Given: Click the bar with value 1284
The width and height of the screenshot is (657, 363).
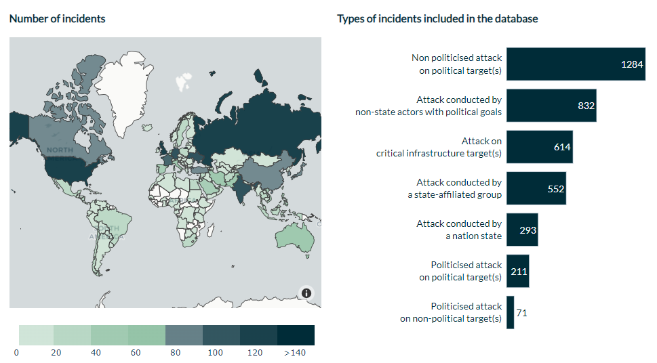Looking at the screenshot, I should tap(576, 64).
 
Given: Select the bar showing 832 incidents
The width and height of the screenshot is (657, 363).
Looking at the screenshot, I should tap(551, 106).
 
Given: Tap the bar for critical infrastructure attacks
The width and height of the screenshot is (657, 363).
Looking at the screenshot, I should tap(539, 147).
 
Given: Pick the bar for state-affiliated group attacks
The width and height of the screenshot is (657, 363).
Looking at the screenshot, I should tap(536, 188).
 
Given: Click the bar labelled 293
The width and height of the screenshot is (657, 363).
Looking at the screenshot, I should tap(522, 230).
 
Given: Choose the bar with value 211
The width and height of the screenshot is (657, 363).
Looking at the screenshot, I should tap(517, 271).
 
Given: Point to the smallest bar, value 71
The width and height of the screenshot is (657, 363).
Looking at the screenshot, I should tap(510, 312).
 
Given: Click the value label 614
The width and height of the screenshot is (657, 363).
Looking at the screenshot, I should tap(562, 147).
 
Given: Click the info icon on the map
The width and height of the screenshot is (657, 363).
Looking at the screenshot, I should tap(306, 293).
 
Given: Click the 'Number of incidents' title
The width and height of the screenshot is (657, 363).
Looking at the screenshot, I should tap(57, 18).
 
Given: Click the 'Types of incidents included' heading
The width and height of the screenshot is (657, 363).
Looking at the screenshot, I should tap(437, 18).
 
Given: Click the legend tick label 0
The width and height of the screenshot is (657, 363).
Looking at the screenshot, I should tap(16, 352).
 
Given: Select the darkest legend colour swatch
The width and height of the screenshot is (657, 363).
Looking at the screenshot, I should tap(296, 335).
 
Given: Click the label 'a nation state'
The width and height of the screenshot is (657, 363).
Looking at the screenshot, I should tap(473, 236).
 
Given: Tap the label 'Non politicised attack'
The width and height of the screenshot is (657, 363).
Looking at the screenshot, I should tap(457, 58).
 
